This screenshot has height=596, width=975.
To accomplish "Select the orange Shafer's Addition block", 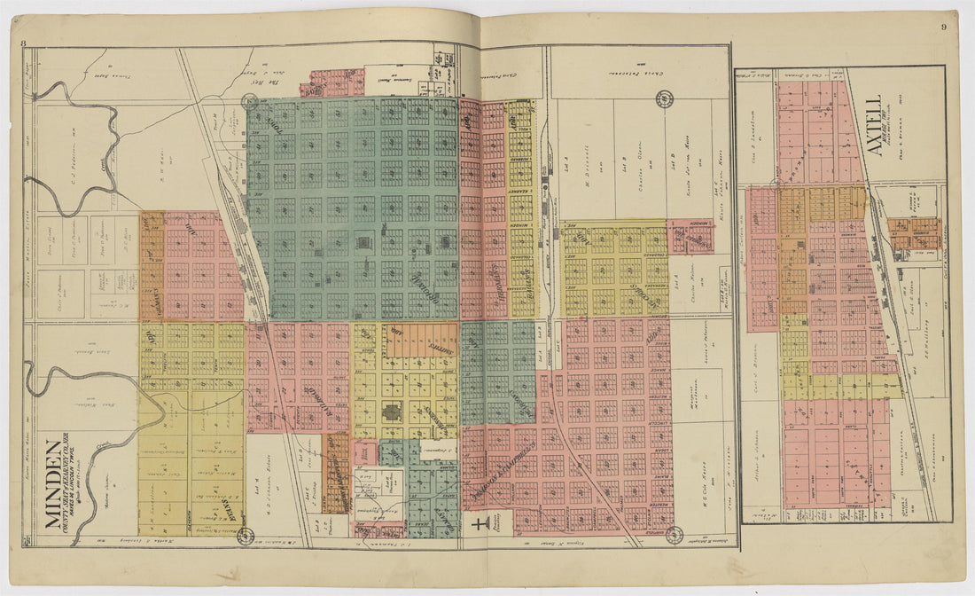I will tap(422, 340).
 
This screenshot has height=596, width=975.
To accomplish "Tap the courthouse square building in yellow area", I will tap(391, 413).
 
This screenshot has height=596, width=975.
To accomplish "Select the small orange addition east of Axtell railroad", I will tap(913, 232).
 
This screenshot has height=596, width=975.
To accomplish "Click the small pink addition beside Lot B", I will tap(691, 236).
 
